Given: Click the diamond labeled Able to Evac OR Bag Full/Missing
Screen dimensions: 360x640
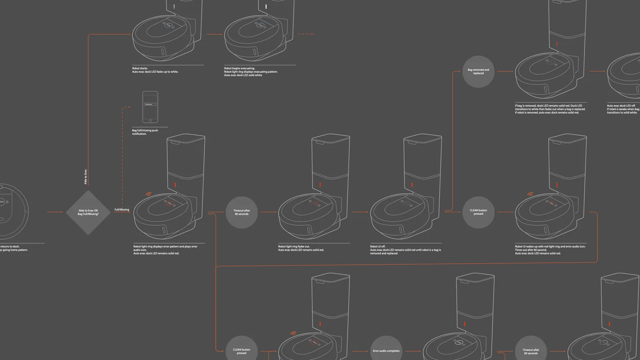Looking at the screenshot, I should tap(88, 212).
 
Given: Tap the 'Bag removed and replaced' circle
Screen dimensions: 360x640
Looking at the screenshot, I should tap(478, 72).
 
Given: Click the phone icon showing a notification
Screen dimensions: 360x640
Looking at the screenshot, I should tap(150, 107).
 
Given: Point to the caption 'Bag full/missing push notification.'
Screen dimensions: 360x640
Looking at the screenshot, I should tap(145, 132).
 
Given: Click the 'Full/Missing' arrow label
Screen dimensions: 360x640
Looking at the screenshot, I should tap(122, 210).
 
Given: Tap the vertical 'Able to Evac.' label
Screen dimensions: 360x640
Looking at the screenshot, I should tap(86, 177).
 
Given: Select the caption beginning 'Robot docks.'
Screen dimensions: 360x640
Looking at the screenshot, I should tap(155, 70).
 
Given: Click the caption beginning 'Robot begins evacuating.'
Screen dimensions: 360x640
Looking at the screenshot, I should tap(250, 72).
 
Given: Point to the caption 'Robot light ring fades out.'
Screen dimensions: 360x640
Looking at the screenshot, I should tap(301, 248).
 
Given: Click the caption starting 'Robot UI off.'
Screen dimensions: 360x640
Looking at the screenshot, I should tap(405, 250).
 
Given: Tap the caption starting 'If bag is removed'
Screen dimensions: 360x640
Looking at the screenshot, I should tap(550, 109).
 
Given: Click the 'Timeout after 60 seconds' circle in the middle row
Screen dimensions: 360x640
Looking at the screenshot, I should tap(242, 212).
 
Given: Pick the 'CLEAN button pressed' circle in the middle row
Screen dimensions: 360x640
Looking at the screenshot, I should tap(478, 212).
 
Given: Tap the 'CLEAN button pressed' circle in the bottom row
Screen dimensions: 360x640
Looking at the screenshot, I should tap(242, 350).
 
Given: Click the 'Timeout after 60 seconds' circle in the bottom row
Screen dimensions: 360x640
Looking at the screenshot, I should tap(531, 350).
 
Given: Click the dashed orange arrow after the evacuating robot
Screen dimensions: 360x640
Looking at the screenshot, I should tap(306, 34).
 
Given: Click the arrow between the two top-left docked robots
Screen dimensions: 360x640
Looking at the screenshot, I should tap(214, 34).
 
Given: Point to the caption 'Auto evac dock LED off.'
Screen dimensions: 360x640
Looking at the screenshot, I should tap(623, 109).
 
